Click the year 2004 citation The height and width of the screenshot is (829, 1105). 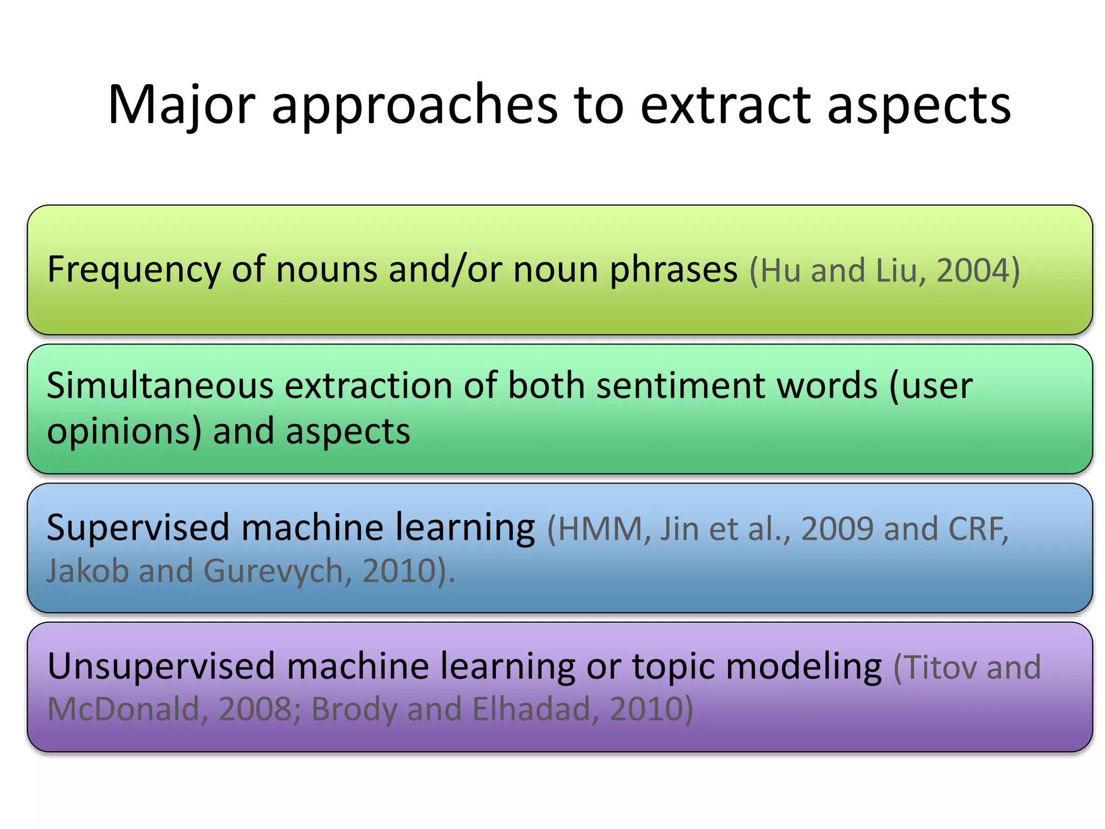971,270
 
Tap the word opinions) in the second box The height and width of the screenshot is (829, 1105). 124,432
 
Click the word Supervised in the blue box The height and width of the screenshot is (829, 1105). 138,528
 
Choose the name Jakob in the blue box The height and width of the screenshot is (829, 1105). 86,571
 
